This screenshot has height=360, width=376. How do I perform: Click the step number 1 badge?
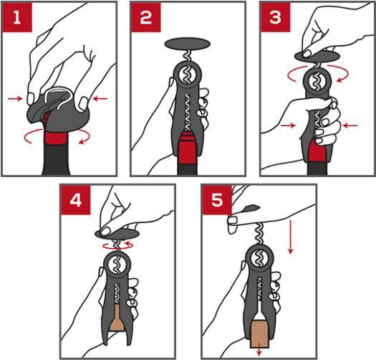coord(17,17)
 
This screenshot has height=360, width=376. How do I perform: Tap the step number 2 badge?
coord(146,17)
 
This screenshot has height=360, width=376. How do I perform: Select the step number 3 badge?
coord(275,17)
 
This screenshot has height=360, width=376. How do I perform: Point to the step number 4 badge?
coord(76,200)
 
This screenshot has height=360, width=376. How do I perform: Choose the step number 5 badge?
coord(217,200)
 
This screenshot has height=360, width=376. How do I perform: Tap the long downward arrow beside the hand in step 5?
coord(291,237)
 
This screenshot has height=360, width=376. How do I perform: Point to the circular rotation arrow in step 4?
coord(117,246)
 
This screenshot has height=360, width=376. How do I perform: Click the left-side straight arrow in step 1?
coord(15,98)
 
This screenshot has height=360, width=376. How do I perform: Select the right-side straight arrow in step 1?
coord(100,98)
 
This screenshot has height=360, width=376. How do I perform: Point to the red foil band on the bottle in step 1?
coord(56,138)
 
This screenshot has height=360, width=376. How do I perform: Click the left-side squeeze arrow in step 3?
coord(288,125)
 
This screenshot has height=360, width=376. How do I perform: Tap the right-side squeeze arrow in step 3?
coord(350,125)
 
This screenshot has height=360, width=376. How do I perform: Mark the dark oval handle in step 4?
coord(117,234)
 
